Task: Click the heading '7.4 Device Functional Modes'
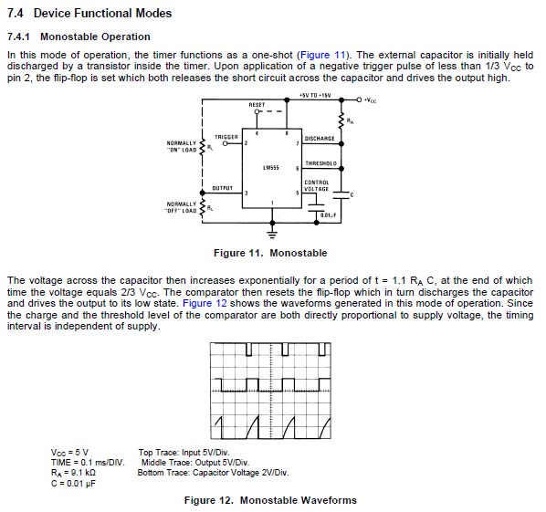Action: [x=89, y=13]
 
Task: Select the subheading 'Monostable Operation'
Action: [x=95, y=37]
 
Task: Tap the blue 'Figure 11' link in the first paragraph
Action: [x=323, y=55]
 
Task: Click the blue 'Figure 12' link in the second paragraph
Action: [x=205, y=303]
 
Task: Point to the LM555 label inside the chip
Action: [x=271, y=168]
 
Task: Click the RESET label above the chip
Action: [x=257, y=104]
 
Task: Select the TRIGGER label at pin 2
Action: [x=226, y=137]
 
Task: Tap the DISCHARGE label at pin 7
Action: [x=320, y=139]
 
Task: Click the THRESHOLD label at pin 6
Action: [x=321, y=163]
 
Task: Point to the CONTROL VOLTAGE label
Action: [x=317, y=185]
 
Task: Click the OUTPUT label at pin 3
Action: [x=223, y=188]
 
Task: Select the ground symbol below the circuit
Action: [x=272, y=234]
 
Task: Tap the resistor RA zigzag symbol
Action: [x=341, y=121]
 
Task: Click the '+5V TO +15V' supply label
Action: [x=315, y=95]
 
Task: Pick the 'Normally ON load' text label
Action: [x=182, y=147]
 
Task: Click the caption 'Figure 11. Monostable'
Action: [x=270, y=253]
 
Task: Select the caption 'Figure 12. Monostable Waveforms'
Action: [x=270, y=500]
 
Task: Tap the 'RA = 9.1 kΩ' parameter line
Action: [x=73, y=473]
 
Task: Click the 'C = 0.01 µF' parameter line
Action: [x=73, y=484]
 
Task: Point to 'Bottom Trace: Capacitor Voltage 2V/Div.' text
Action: [x=213, y=473]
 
